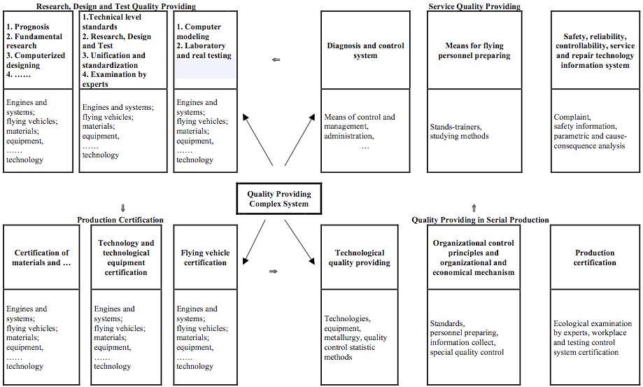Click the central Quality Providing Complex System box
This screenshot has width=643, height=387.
click(279, 199)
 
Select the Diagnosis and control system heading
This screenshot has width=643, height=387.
click(365, 50)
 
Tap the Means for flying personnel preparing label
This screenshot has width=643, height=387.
click(474, 50)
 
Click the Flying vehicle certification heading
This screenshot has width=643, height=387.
click(205, 258)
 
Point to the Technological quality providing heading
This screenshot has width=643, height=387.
click(359, 258)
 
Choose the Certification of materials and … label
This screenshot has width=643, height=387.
click(41, 258)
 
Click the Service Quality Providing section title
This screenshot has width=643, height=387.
click(474, 6)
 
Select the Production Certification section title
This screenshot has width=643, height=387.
click(120, 220)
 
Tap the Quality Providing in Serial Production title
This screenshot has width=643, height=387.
click(480, 220)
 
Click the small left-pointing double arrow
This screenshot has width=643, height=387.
click(276, 60)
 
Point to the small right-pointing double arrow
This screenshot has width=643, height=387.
click(273, 272)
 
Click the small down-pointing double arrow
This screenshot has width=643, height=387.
click(122, 209)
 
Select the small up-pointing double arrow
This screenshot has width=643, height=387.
click(474, 208)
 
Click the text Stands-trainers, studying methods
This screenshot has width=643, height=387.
click(459, 131)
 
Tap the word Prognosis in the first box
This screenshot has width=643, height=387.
click(32, 27)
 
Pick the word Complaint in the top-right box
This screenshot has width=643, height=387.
click(572, 117)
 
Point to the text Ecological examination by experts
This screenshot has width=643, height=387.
click(593, 328)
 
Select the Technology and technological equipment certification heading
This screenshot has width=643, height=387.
click(126, 258)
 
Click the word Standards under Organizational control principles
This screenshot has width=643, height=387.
click(447, 323)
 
